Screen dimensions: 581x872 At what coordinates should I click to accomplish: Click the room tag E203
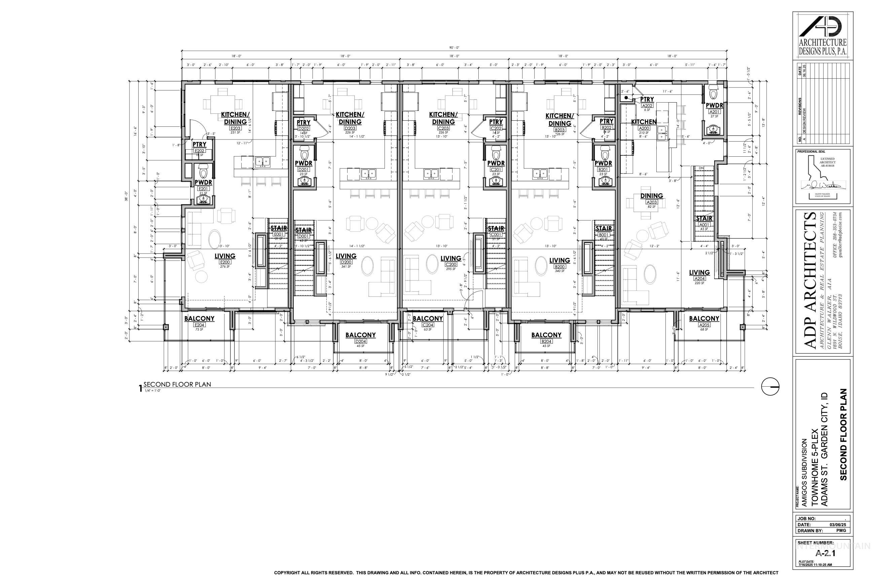(x=235, y=128)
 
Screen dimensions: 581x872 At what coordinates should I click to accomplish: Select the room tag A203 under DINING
(x=651, y=202)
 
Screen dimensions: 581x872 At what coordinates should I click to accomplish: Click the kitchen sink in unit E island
(x=262, y=161)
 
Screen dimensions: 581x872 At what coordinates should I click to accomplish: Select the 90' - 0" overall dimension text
(x=454, y=48)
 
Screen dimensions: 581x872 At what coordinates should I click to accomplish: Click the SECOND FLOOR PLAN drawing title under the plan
(x=177, y=385)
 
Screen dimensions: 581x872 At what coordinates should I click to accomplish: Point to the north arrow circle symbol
(x=770, y=387)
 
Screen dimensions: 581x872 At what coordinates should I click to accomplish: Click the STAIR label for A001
(x=704, y=219)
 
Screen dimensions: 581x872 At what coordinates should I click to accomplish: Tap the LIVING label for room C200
(x=450, y=258)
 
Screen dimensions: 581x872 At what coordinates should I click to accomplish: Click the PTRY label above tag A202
(x=647, y=99)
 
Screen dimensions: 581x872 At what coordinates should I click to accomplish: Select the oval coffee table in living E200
(x=214, y=238)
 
